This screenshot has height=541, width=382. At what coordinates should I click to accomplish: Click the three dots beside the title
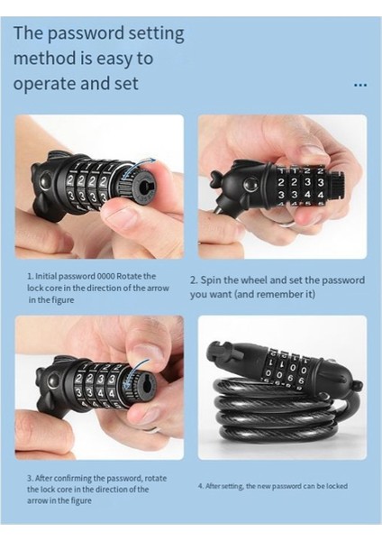(x=360, y=85)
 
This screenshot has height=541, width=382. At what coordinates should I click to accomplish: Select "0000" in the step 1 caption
(x=105, y=277)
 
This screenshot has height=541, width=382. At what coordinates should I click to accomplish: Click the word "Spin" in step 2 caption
(x=211, y=280)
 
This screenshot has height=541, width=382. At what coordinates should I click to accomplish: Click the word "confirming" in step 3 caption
(x=73, y=479)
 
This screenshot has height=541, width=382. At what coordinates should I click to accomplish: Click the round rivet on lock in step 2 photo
(x=249, y=185)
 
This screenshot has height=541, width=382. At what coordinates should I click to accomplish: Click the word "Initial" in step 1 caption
(x=47, y=277)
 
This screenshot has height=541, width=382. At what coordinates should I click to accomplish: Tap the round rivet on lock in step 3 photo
(x=51, y=382)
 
